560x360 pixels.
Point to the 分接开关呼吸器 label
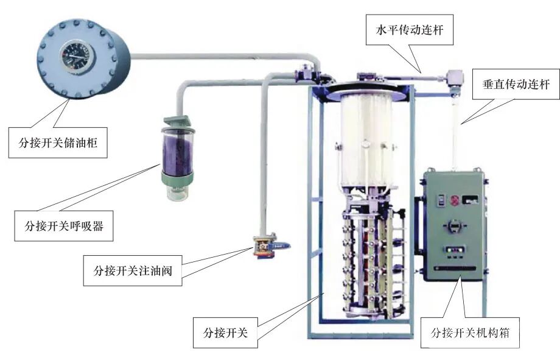(x=65, y=225)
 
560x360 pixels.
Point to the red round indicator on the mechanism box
(x=453, y=200)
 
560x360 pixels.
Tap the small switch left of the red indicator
(x=439, y=199)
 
